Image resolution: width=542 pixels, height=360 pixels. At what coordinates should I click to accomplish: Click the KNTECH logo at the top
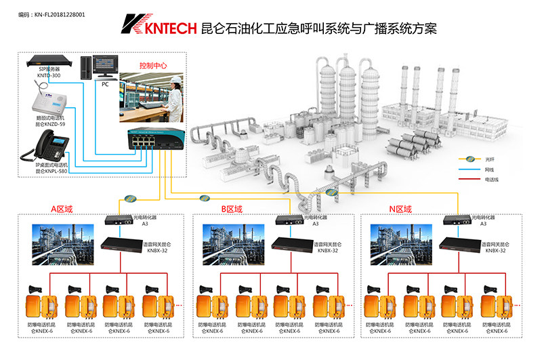(x=157, y=26)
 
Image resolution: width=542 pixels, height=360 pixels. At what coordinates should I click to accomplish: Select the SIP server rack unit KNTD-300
(x=49, y=64)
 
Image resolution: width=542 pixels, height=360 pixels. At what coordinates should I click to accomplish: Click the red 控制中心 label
(x=152, y=66)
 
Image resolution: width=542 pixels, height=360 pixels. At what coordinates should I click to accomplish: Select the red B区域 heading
(x=232, y=209)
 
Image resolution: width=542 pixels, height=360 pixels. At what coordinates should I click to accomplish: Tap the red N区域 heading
(x=401, y=209)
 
